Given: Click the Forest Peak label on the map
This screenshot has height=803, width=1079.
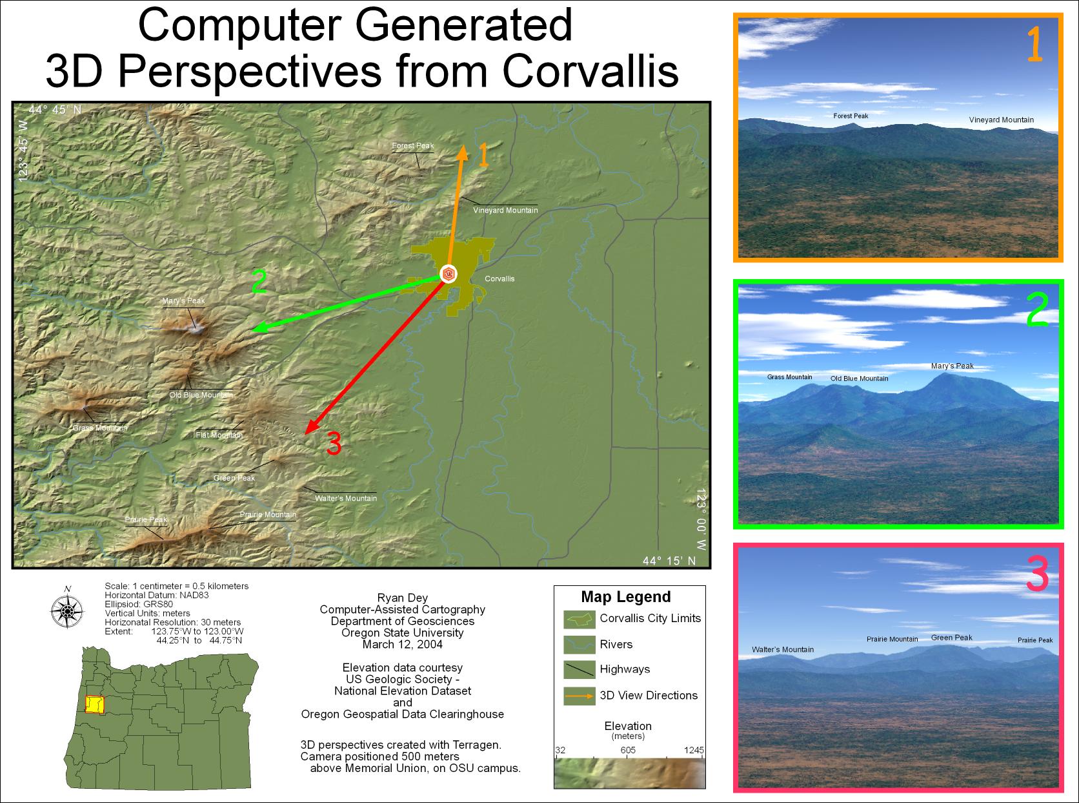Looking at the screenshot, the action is (412, 145).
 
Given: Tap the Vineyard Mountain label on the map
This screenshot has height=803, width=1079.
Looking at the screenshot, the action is (505, 211).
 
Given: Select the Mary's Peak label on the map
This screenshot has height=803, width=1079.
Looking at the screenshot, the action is (183, 301).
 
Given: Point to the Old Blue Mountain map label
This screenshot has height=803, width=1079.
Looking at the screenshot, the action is (201, 395).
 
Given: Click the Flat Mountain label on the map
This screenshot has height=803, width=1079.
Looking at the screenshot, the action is (219, 435).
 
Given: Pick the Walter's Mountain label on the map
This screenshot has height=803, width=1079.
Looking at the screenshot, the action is (346, 498).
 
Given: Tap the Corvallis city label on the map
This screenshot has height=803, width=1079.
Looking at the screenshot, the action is (499, 279).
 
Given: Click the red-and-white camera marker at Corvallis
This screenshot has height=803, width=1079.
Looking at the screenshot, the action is (448, 274).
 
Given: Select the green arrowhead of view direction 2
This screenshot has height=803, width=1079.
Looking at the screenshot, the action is (260, 328).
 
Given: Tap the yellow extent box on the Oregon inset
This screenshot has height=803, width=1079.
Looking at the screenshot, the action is (94, 705).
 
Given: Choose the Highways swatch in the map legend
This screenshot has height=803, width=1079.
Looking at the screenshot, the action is (580, 669).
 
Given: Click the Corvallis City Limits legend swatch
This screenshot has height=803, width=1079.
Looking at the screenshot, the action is (580, 620).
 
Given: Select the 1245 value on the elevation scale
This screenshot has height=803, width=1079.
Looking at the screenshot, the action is (694, 750).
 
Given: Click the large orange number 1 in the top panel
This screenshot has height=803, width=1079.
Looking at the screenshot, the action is (1034, 44).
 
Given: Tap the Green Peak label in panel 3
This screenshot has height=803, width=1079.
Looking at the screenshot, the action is (951, 638).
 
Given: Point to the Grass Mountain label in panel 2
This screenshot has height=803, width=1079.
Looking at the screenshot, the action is (789, 377).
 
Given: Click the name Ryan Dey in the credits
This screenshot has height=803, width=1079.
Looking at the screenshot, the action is (402, 598).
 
